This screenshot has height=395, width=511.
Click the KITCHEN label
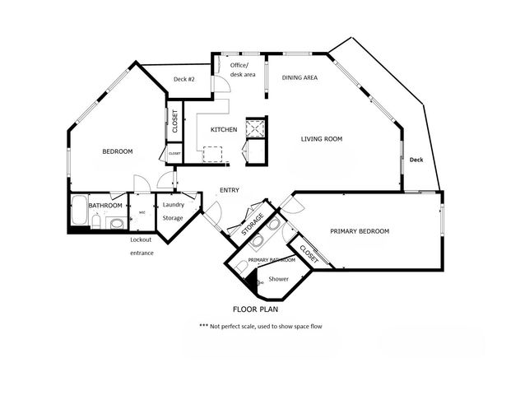pos(224,130)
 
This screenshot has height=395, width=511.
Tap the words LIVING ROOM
pos(321,139)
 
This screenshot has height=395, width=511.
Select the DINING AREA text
pos(300,77)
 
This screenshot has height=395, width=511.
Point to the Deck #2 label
pos(183,79)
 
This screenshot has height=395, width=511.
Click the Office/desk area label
pos(242,70)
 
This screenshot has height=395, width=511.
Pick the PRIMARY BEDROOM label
pos(360,231)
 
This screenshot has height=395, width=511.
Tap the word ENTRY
pos(230,191)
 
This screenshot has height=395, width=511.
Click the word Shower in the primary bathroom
pos(277,280)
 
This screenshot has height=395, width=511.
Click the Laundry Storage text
pos(173,211)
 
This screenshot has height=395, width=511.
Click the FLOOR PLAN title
pos(254,311)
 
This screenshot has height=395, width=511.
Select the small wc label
pos(142,211)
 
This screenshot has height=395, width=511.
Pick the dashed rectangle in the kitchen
pos(213,155)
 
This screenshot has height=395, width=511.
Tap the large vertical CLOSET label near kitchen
pos(175,121)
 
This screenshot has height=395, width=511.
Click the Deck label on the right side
pos(416,160)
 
